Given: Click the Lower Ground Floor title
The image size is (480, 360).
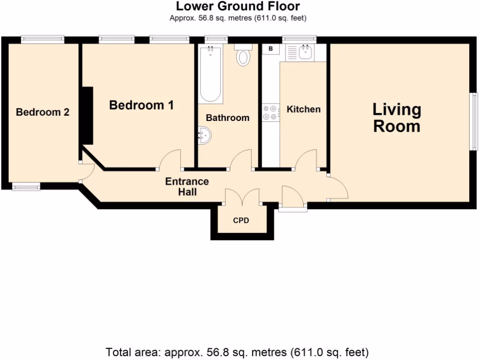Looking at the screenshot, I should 238,7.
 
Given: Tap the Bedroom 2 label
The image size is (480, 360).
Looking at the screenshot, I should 43,112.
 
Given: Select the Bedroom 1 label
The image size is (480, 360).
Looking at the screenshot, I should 141,105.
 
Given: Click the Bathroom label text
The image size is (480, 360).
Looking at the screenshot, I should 227,118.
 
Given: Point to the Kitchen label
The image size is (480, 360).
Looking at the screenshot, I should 303,109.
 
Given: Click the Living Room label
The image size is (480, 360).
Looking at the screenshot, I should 397,118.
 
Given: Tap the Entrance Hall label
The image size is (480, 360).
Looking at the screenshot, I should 187,187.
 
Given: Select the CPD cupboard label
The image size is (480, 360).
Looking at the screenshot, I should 241,220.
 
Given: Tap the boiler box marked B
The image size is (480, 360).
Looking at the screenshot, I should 270,48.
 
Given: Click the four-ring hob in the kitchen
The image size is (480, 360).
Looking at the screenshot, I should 270,112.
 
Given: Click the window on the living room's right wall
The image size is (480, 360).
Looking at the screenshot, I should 474,122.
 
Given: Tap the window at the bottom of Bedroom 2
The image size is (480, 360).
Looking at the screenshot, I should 26,187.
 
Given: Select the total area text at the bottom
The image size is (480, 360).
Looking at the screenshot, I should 237,352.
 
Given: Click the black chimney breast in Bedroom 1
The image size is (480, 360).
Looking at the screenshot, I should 87,115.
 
